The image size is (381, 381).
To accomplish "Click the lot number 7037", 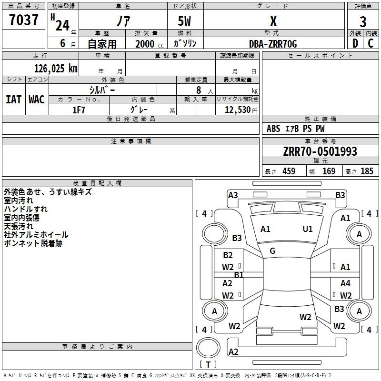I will (24, 20).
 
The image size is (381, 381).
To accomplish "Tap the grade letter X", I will (273, 21).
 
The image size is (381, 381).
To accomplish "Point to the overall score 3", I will (363, 22).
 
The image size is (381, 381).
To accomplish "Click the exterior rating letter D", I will (355, 44).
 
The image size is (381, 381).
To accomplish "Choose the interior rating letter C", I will (371, 44).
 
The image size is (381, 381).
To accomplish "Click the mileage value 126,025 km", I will (56, 68).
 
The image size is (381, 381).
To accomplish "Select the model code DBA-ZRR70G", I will (273, 44).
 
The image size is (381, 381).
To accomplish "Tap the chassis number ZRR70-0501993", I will (320, 151).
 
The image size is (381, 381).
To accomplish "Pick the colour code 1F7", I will (79, 110).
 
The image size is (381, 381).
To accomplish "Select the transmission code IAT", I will (14, 100).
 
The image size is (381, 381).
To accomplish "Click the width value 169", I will (329, 171).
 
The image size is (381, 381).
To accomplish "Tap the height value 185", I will (367, 171).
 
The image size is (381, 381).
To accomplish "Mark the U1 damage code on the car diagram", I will (308, 229).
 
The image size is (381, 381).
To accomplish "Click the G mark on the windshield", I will (272, 251).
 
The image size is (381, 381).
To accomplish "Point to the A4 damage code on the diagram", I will (345, 283).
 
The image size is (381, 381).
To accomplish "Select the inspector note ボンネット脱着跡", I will (33, 243).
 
